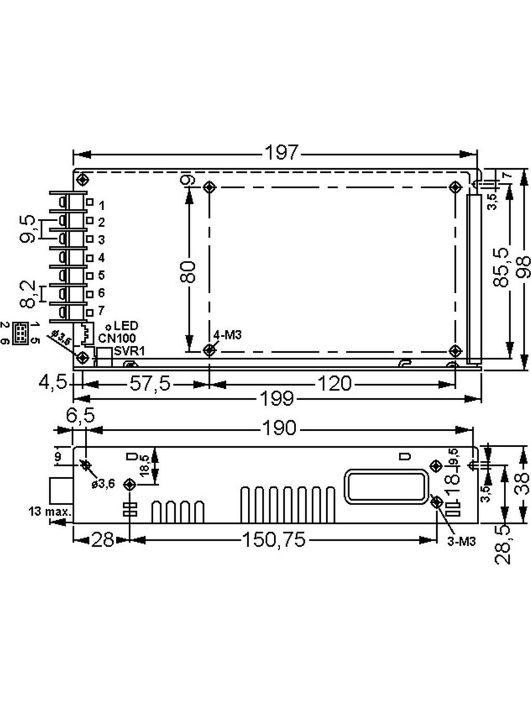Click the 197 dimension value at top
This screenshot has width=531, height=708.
281,153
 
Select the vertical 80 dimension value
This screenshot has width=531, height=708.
188,272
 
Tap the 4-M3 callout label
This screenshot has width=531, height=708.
228,335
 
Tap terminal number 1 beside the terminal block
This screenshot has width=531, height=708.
101,205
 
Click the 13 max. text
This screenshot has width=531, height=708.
49,510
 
